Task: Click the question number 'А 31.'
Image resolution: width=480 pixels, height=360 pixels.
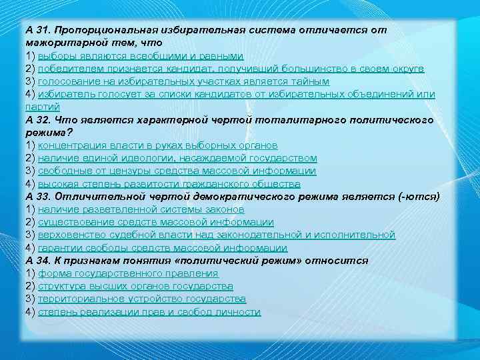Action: [39, 31]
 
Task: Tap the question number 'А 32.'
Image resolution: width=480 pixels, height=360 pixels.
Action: [39, 120]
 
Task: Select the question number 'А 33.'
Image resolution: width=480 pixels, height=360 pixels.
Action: [39, 197]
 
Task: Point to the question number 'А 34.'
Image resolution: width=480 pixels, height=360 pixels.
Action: [39, 261]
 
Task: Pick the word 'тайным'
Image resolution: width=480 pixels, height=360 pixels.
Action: [311, 81]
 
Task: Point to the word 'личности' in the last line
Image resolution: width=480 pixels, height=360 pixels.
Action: [241, 312]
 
